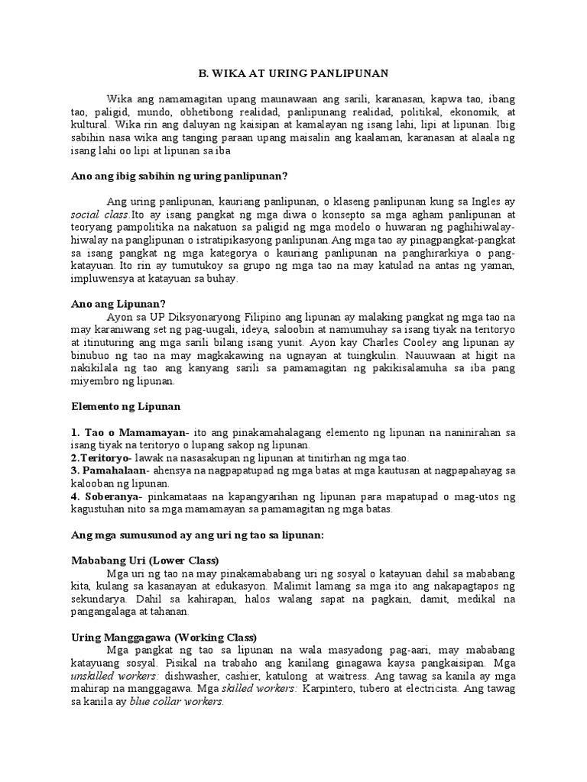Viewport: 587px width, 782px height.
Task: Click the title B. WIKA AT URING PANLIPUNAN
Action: click(293, 73)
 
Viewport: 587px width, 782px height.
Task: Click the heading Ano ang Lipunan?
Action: click(118, 303)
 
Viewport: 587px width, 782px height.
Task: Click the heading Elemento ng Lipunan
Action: click(125, 406)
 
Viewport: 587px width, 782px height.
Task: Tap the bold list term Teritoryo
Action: click(104, 458)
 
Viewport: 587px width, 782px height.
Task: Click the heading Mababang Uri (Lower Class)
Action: click(145, 561)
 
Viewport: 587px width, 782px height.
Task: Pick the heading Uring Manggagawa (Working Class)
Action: click(164, 637)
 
